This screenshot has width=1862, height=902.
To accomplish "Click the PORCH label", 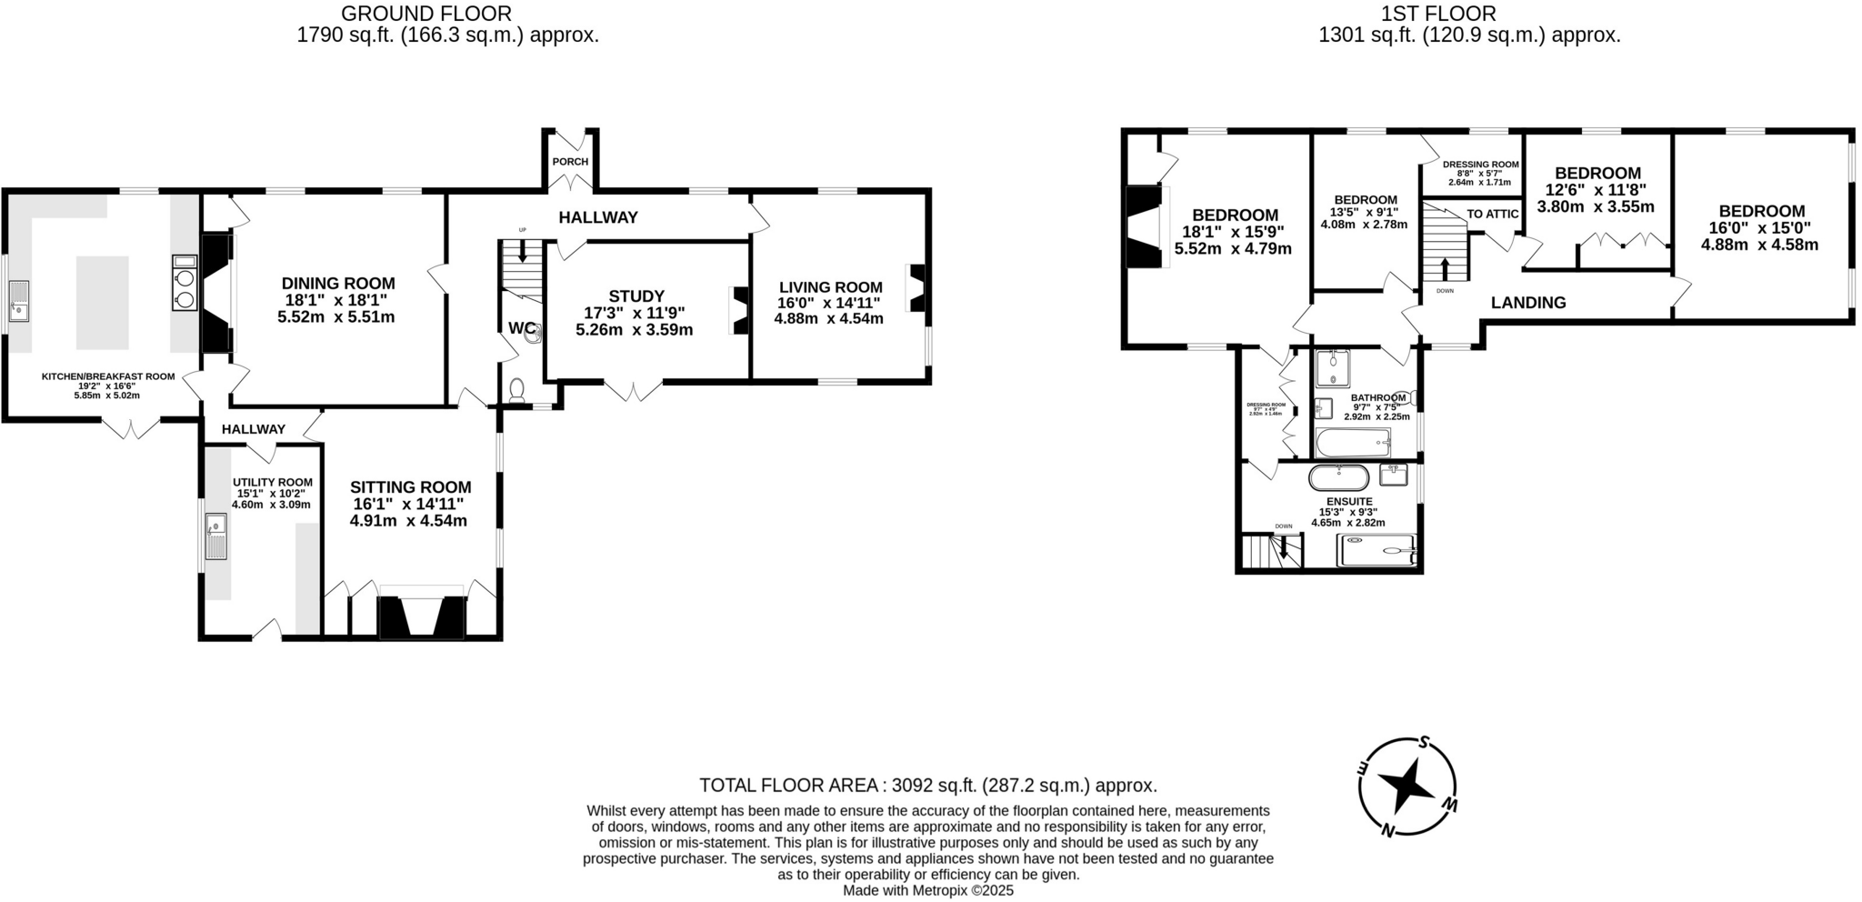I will point(570,162).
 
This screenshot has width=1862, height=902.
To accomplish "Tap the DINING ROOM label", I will point(337,284).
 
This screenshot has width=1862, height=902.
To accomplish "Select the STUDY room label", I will point(636,296).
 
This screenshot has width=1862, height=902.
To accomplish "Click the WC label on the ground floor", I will point(522,328).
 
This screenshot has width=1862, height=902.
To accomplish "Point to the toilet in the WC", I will point(516,390).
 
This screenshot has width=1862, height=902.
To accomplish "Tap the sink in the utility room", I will point(216,525).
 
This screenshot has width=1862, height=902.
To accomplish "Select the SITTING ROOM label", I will point(410,487).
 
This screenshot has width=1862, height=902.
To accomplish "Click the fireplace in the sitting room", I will point(422,617).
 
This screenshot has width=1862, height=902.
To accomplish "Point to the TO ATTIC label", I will point(1492,214).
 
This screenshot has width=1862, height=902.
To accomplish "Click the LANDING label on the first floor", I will point(1527,303).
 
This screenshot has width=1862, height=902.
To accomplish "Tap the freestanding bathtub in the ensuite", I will point(1337,476).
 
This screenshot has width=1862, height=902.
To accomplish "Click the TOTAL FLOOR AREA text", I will point(927,786).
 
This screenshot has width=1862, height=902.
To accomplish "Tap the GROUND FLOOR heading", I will point(425,14).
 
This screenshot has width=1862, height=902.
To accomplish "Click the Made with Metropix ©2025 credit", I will point(927,891).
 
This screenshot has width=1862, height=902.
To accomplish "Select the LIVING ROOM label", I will point(830,287).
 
